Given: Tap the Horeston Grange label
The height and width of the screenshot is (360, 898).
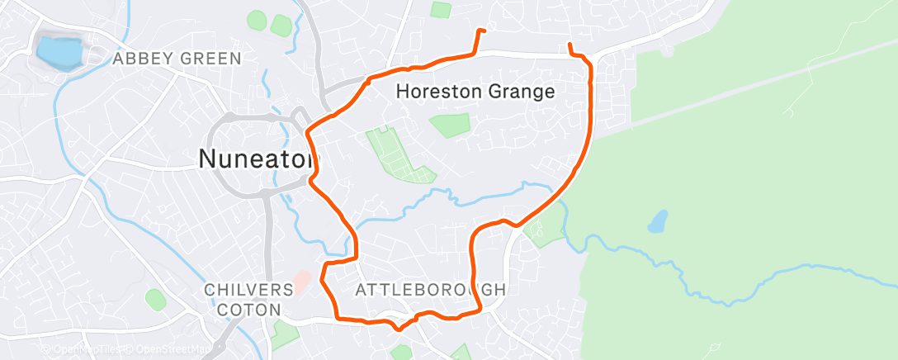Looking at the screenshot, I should (475, 92).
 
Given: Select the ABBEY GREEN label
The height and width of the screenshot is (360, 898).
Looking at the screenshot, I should (177, 59).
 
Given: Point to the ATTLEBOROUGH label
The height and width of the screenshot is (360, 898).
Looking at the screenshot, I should (430, 290).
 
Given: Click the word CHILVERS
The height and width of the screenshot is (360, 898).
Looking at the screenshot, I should (249, 290).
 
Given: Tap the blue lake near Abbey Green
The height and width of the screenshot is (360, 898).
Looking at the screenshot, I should (59, 52).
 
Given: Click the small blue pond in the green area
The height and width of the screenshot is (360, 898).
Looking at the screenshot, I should (658, 220).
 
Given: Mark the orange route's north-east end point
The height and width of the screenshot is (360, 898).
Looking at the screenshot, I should (570, 45).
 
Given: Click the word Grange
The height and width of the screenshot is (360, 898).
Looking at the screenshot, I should (522, 92).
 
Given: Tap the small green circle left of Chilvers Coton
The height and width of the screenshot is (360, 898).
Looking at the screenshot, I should (154, 298).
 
